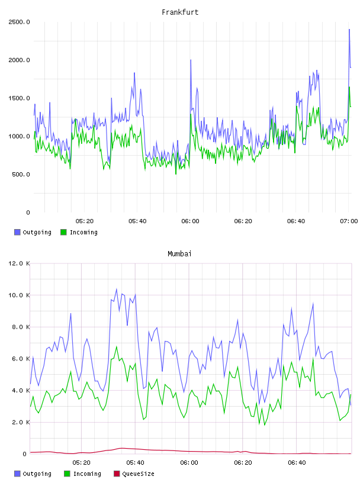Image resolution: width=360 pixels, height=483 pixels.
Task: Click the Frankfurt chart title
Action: (x=180, y=12)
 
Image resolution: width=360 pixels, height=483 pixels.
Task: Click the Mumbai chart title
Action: (x=179, y=254)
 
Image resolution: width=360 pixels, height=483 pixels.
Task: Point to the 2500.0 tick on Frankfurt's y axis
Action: (x=19, y=22)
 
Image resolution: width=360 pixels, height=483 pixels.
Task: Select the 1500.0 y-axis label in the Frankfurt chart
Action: (x=19, y=98)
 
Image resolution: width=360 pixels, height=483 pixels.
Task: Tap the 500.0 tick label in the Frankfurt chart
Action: (x=21, y=175)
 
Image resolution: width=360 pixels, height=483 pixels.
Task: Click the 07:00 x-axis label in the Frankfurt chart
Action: (x=349, y=221)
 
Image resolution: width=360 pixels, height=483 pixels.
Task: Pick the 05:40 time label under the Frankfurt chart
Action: (x=137, y=221)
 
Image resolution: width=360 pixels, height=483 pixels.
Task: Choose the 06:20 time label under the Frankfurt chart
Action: (x=243, y=221)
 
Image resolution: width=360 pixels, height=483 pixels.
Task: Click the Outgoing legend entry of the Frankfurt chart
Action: (x=33, y=232)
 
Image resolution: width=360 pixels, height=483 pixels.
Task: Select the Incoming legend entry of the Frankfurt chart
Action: (x=79, y=232)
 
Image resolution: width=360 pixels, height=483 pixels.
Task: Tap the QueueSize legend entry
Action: (x=134, y=474)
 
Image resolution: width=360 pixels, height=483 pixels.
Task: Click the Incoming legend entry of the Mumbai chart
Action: (x=83, y=474)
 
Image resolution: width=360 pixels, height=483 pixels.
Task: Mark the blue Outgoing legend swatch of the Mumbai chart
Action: (x=17, y=474)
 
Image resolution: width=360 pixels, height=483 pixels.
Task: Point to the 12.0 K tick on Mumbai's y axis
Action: (x=19, y=263)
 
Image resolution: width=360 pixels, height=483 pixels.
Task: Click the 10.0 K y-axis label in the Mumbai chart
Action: (x=19, y=295)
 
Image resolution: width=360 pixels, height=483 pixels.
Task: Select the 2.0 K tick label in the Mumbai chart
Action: (x=21, y=422)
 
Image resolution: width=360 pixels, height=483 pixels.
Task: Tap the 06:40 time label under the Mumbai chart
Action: (x=297, y=463)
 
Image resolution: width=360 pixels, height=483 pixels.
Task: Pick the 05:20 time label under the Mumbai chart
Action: (x=82, y=463)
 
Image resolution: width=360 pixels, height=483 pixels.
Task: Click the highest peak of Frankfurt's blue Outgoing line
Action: (x=349, y=29)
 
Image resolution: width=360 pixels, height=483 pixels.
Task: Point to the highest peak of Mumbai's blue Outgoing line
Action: (x=117, y=289)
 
